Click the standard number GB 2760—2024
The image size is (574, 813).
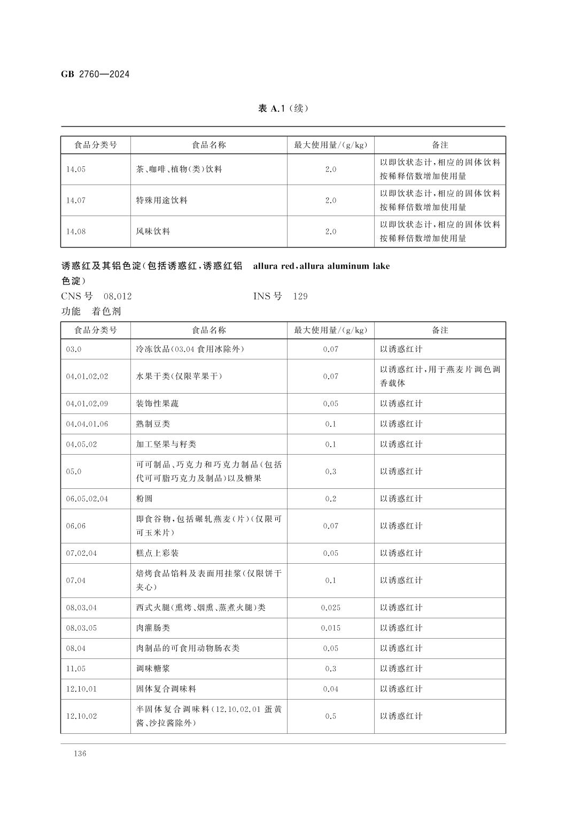coord(95,74)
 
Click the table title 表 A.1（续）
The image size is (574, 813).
coord(283,109)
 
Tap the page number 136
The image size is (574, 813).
coord(80,754)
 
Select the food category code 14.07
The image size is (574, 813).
coord(76,201)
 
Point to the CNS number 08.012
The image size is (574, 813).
coord(118,296)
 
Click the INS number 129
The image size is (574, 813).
coord(300,296)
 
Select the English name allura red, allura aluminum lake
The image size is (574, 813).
coord(321,266)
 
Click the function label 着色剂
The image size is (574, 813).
coord(106,311)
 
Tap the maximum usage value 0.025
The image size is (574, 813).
coord(330,608)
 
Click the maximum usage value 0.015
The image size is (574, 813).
coord(330,628)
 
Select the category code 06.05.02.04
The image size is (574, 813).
coord(87,498)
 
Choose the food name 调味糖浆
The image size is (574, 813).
coord(153,669)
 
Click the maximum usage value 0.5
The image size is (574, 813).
coord(330,716)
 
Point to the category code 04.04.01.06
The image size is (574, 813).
coord(87,424)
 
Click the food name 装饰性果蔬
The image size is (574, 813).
coord(157,404)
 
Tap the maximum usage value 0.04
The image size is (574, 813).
coord(330,689)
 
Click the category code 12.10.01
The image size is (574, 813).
coord(81,689)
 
